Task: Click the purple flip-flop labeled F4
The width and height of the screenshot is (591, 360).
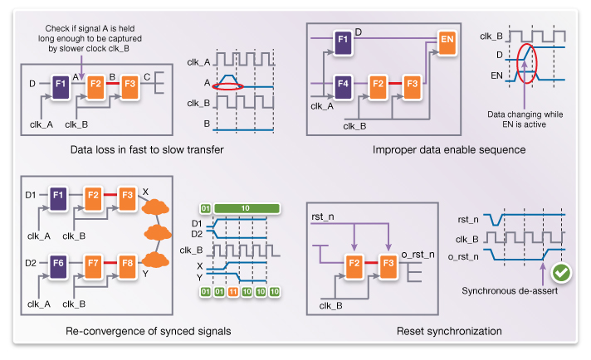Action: coord(341,84)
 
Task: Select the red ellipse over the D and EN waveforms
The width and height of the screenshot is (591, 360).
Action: coord(528,63)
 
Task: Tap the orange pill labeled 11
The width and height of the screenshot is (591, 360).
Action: coord(234,293)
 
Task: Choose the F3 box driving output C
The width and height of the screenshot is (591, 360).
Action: coord(129,84)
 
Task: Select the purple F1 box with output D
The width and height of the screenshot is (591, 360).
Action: coord(341,39)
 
